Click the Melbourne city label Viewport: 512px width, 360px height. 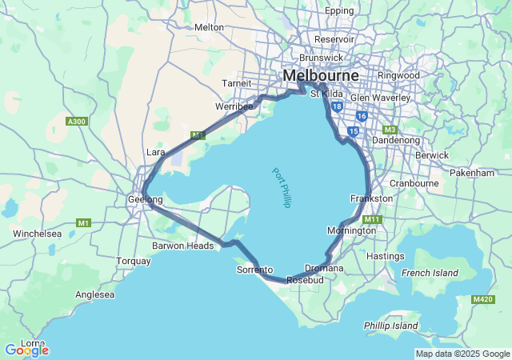[x=320, y=75]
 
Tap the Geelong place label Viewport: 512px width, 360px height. [x=146, y=199]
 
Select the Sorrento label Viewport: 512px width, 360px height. [x=255, y=270]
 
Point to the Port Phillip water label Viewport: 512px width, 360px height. [x=281, y=188]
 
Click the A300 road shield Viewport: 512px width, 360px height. [x=76, y=121]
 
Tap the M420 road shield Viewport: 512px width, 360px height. [x=482, y=299]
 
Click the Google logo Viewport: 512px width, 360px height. [x=26, y=350]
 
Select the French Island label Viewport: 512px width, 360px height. [x=430, y=273]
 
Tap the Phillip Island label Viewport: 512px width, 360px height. [x=390, y=326]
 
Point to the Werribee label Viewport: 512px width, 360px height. [x=234, y=106]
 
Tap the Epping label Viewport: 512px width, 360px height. [x=339, y=10]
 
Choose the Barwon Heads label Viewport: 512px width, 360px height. [x=183, y=246]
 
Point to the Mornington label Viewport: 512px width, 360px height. [x=351, y=230]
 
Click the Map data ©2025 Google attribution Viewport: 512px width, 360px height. [x=462, y=354]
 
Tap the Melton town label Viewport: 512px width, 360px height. [x=209, y=26]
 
